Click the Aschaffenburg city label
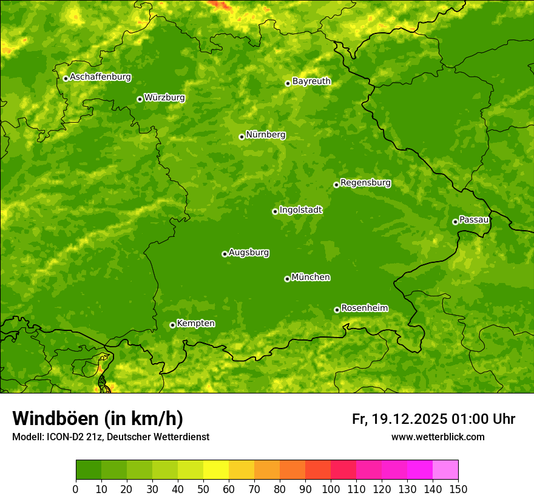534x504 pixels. (100, 77)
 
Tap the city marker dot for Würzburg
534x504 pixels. (140, 99)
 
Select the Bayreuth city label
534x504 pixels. (311, 81)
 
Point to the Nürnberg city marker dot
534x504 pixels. (242, 137)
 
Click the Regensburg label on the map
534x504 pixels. (365, 183)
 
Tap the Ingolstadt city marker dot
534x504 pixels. (275, 211)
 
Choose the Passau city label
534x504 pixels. (474, 220)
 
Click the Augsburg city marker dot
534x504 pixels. (225, 254)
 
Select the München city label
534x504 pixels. (311, 278)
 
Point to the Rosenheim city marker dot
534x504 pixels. (337, 310)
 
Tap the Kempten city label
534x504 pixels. (195, 324)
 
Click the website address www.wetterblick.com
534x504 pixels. (438, 437)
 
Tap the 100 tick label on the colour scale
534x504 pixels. (331, 489)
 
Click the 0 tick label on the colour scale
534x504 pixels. (76, 489)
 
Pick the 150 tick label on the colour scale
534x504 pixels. (458, 489)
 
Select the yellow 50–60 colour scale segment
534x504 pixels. (216, 470)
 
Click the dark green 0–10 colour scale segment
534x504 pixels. (89, 470)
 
